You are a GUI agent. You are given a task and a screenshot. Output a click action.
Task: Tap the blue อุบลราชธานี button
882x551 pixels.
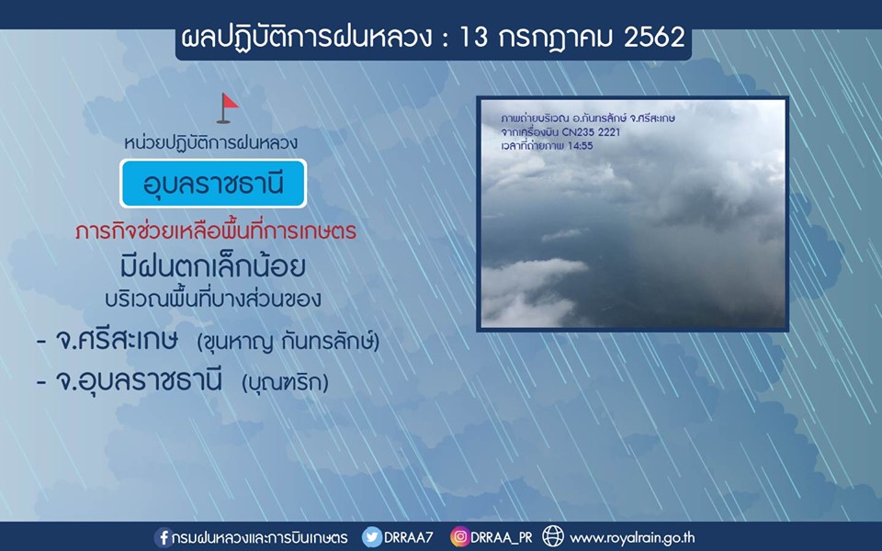(x=213, y=184)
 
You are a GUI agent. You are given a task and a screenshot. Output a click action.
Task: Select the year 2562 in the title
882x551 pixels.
(x=654, y=39)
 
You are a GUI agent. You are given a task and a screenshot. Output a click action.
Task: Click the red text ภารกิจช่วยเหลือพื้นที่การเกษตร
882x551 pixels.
(x=216, y=231)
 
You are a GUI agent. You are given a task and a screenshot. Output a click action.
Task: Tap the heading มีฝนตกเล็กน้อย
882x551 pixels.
(x=213, y=265)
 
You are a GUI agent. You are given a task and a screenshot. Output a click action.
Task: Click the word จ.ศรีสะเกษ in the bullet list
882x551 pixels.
(x=117, y=340)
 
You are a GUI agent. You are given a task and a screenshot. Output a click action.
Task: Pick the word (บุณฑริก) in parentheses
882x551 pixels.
(x=285, y=383)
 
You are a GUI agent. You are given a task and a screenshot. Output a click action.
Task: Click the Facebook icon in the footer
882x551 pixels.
(x=164, y=537)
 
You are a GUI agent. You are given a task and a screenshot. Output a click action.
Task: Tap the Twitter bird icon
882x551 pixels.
(x=371, y=537)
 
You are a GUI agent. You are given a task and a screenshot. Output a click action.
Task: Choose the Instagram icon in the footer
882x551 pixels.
(x=459, y=537)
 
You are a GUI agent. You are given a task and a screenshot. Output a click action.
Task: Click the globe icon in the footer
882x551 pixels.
(x=553, y=536)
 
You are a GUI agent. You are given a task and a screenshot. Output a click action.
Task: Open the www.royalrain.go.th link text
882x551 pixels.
(x=632, y=538)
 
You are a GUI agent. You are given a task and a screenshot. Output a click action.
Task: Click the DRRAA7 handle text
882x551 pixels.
(x=408, y=537)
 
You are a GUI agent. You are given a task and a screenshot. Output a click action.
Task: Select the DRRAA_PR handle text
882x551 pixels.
(x=502, y=537)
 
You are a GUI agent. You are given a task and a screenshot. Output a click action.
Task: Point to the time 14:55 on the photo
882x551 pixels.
(x=581, y=146)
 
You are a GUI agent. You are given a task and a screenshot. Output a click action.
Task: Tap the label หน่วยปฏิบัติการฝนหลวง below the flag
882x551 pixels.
(x=211, y=143)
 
